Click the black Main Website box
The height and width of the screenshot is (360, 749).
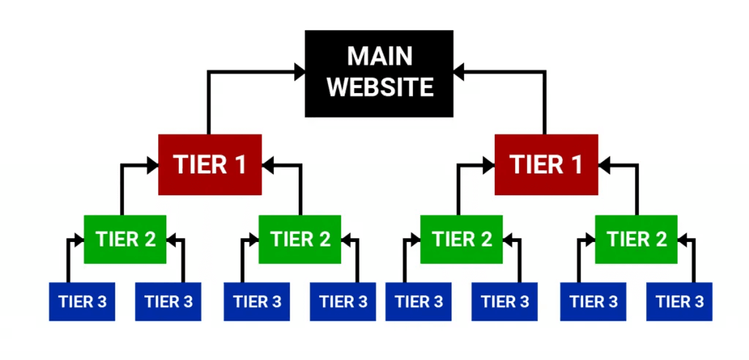[379, 73]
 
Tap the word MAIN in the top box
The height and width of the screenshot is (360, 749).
[379, 56]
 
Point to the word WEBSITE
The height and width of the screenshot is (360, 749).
[379, 87]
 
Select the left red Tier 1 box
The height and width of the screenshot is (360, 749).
[210, 165]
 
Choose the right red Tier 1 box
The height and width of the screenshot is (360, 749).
[546, 165]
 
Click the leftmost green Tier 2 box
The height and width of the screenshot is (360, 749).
[125, 239]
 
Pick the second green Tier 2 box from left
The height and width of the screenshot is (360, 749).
[300, 239]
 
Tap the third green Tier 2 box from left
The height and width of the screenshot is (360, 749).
[462, 239]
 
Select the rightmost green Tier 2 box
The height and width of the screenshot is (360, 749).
[636, 239]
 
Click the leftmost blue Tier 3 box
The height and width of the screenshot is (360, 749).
[82, 302]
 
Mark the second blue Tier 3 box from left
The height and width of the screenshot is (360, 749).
[169, 302]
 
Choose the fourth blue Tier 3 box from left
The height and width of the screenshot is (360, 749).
[343, 302]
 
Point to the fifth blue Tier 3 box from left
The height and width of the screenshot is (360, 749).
[418, 302]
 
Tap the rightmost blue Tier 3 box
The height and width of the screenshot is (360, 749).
[679, 302]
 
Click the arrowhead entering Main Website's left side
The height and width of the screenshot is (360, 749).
[300, 73]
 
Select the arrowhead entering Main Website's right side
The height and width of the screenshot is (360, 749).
[459, 73]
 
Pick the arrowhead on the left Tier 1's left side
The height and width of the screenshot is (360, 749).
[153, 165]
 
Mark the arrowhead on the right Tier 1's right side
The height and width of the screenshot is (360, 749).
[604, 165]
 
